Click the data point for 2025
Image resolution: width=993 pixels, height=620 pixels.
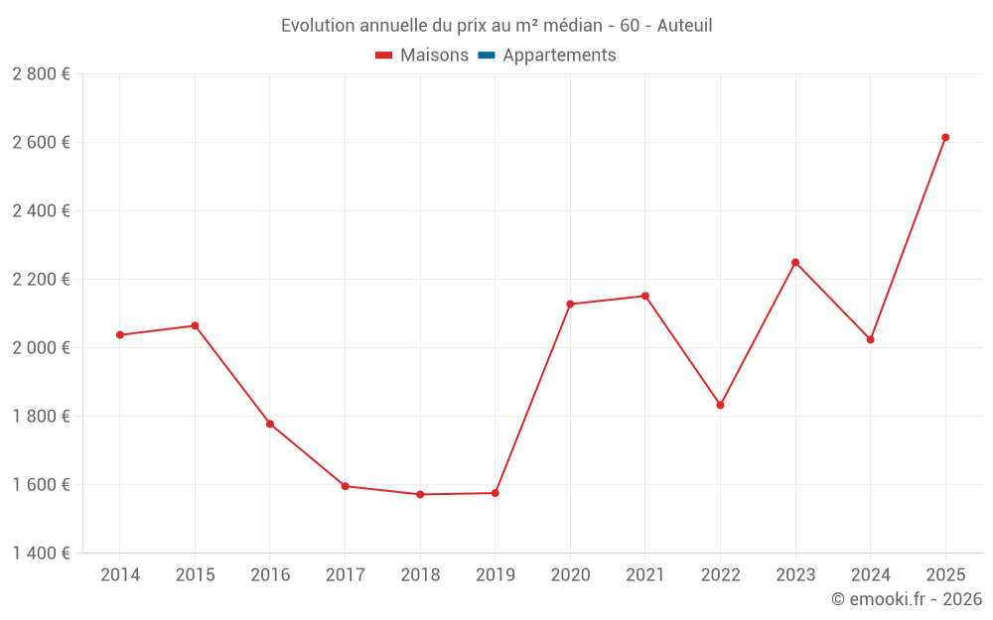[945, 138]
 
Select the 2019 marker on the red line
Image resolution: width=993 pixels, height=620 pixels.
[495, 493]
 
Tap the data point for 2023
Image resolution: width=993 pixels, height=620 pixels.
[795, 262]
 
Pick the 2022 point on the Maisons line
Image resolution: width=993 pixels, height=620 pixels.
[720, 405]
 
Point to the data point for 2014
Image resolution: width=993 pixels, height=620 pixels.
[119, 335]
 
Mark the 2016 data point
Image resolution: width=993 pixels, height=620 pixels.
[270, 424]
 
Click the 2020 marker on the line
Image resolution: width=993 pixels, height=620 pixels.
[570, 304]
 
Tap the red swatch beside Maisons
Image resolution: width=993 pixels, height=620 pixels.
[384, 56]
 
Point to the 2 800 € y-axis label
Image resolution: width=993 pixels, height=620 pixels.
[41, 74]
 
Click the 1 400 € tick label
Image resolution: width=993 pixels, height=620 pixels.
[41, 554]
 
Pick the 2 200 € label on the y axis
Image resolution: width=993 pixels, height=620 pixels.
[41, 280]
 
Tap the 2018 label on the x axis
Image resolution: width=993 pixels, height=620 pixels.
[420, 575]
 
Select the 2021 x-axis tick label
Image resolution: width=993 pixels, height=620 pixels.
[645, 575]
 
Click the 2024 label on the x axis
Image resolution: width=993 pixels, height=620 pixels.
[870, 575]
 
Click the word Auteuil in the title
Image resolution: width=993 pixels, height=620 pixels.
[685, 26]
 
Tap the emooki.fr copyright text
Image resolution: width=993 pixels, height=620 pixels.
[907, 599]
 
